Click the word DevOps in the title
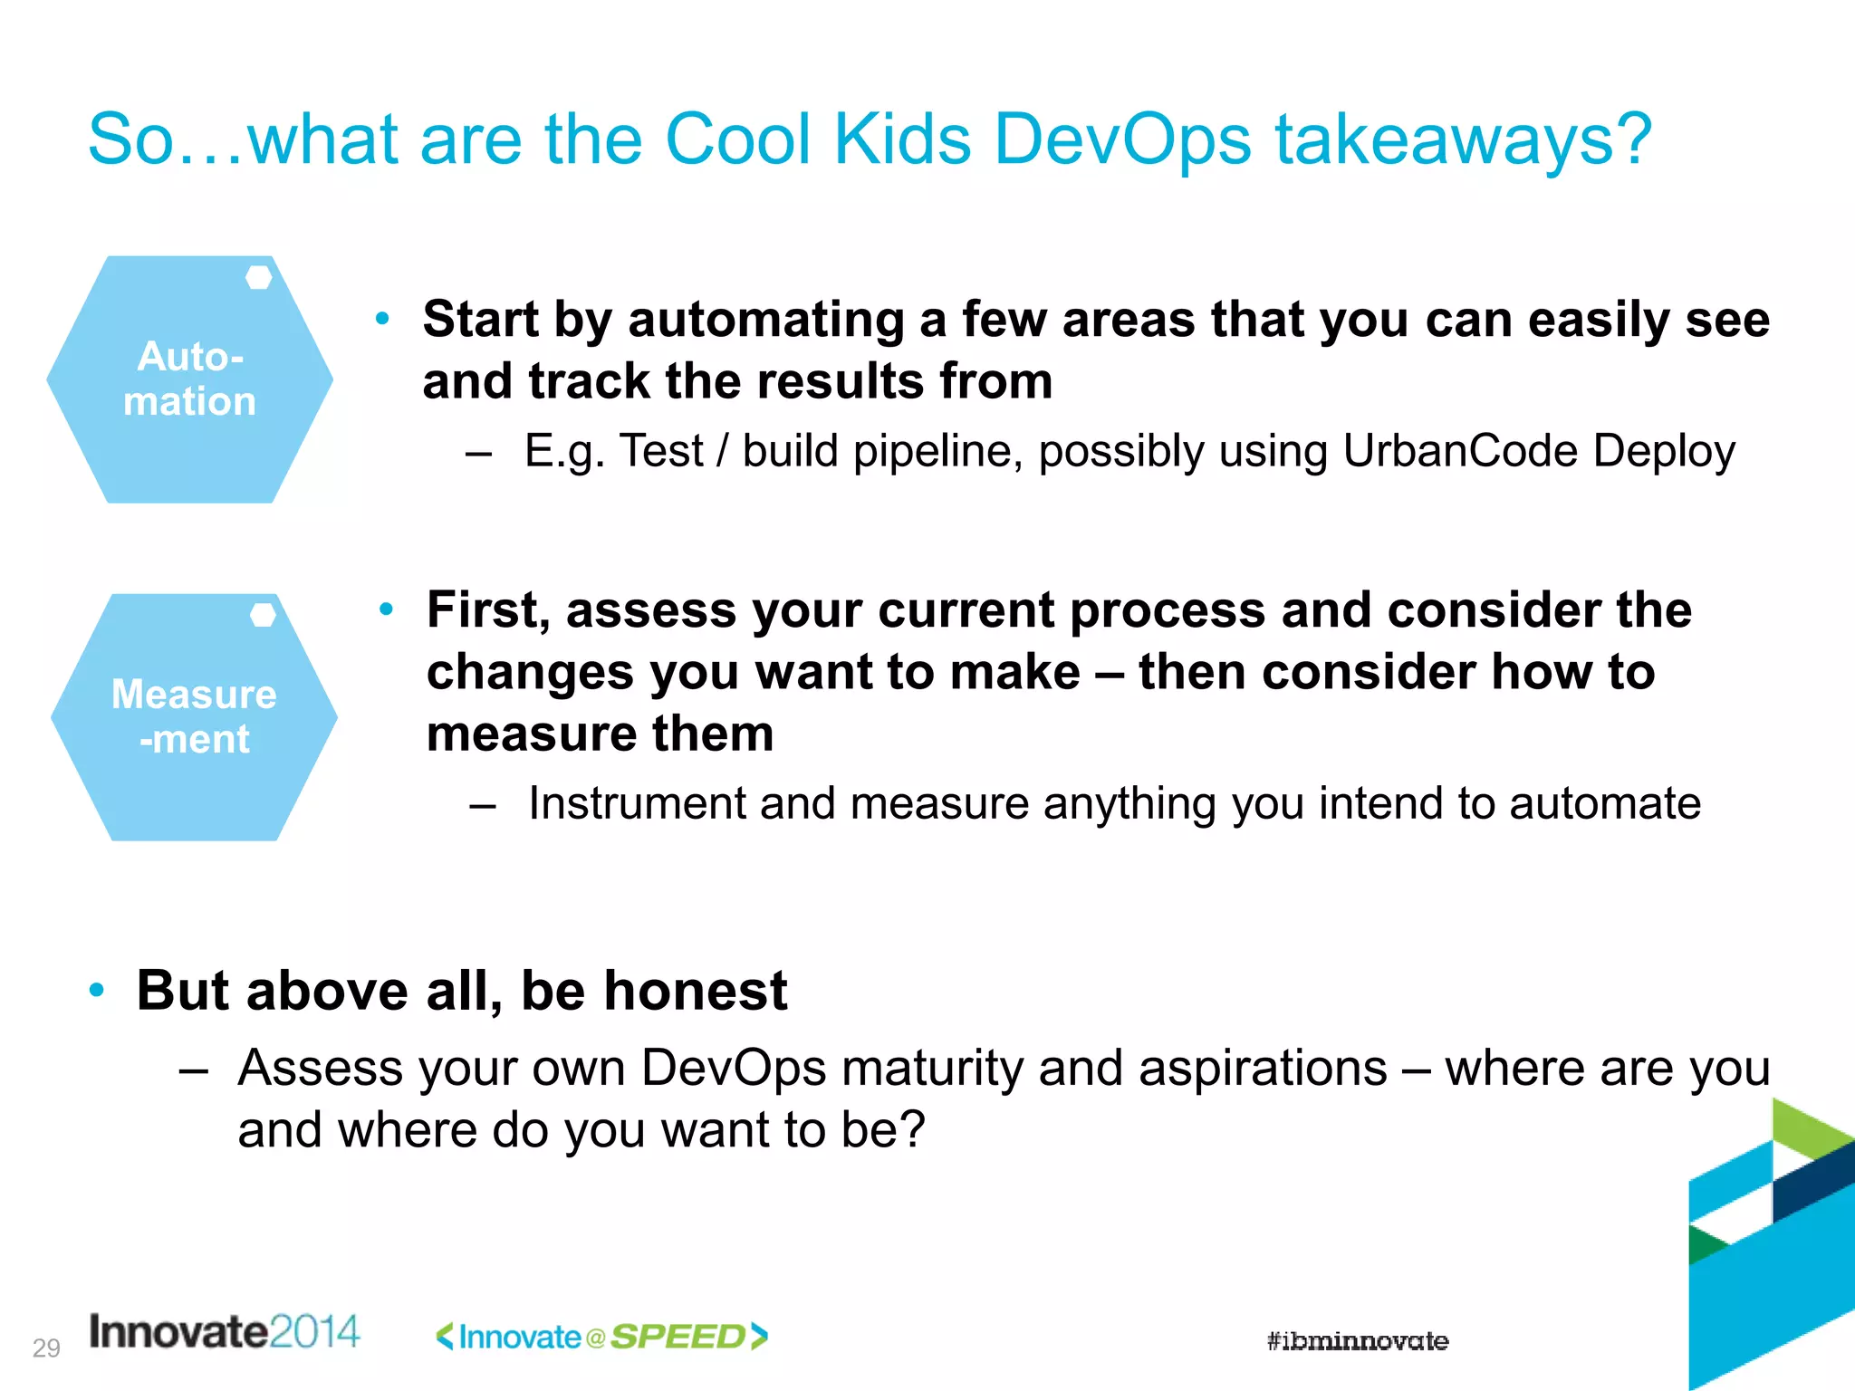click(x=1122, y=140)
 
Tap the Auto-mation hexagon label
click(x=190, y=379)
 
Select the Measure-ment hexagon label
click(x=194, y=716)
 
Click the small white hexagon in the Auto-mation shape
click(x=259, y=278)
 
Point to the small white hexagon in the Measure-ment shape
click(x=263, y=616)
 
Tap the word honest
click(x=696, y=990)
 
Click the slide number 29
click(x=46, y=1348)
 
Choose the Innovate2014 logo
click(x=225, y=1332)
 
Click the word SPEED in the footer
click(x=678, y=1337)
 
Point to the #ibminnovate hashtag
click(x=1357, y=1341)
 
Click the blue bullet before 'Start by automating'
click(x=383, y=318)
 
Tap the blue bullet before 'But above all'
click(x=97, y=989)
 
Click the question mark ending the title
click(x=1633, y=140)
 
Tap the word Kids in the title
click(x=902, y=140)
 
